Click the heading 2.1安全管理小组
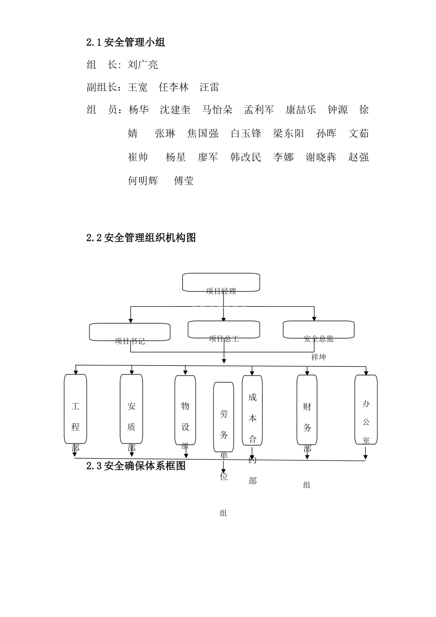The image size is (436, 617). point(125,43)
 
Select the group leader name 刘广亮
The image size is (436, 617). point(143,65)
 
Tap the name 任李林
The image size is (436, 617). point(173,87)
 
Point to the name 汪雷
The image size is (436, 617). point(209,87)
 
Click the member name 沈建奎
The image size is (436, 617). point(175,110)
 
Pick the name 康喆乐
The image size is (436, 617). point(301,110)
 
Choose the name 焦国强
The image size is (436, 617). point(202,134)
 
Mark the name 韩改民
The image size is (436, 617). point(246,157)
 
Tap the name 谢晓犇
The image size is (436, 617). point(321,157)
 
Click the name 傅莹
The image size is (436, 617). point(184,181)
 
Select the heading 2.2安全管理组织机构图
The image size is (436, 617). point(141,238)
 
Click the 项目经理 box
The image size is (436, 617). point(221,282)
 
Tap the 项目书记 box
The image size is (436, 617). point(130,332)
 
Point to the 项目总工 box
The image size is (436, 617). point(224,330)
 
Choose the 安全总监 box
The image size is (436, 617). point(319,330)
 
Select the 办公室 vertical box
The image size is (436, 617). point(366,409)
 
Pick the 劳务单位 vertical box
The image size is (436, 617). point(224,417)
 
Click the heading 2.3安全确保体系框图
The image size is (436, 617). point(136,466)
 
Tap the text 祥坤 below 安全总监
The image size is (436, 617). point(319,357)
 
